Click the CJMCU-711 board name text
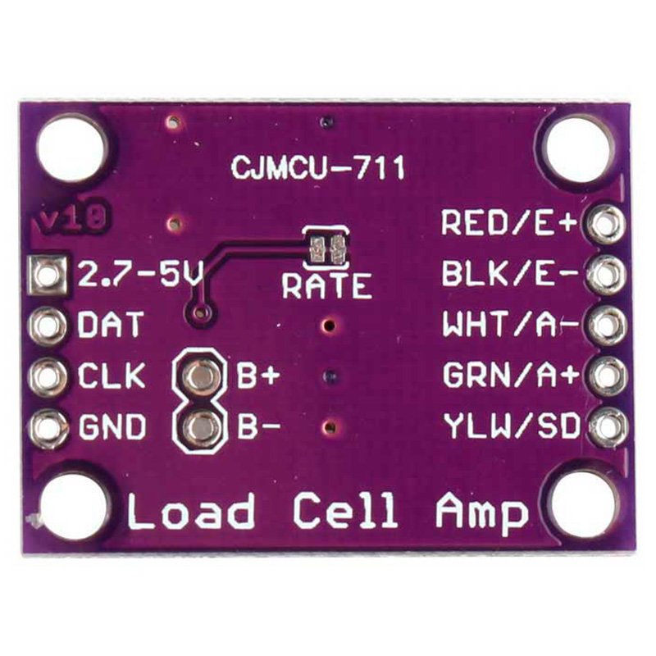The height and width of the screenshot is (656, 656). pyautogui.click(x=317, y=168)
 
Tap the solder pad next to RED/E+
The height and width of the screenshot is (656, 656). pyautogui.click(x=606, y=223)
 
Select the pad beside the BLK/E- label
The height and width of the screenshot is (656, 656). pyautogui.click(x=606, y=274)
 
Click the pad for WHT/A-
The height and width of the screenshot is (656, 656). pyautogui.click(x=606, y=325)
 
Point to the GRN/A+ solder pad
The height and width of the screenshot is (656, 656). pyautogui.click(x=606, y=376)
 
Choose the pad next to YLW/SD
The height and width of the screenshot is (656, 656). pyautogui.click(x=606, y=426)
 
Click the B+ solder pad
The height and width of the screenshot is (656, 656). pyautogui.click(x=198, y=376)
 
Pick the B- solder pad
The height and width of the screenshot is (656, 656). pyautogui.click(x=198, y=427)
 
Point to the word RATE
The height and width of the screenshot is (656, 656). pyautogui.click(x=326, y=286)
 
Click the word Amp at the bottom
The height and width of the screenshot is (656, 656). pyautogui.click(x=482, y=512)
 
